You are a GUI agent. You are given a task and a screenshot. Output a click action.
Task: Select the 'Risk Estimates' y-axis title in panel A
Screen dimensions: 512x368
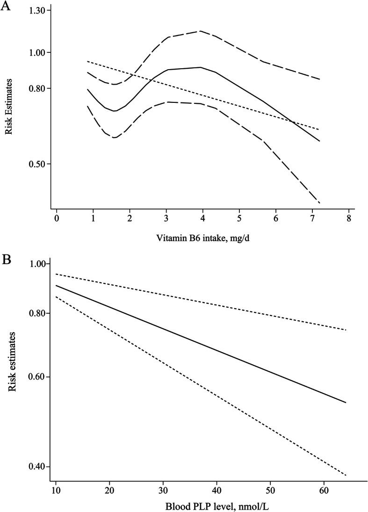tap(9, 107)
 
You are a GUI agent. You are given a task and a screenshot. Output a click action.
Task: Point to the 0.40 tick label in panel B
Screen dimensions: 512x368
tap(35, 467)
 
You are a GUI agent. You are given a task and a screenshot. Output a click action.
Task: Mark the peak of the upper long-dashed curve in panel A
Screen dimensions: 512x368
tap(187, 31)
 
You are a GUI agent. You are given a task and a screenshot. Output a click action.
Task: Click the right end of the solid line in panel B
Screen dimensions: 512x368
tap(346, 403)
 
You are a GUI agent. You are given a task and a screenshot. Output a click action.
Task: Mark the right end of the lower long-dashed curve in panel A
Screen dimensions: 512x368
tap(319, 203)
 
